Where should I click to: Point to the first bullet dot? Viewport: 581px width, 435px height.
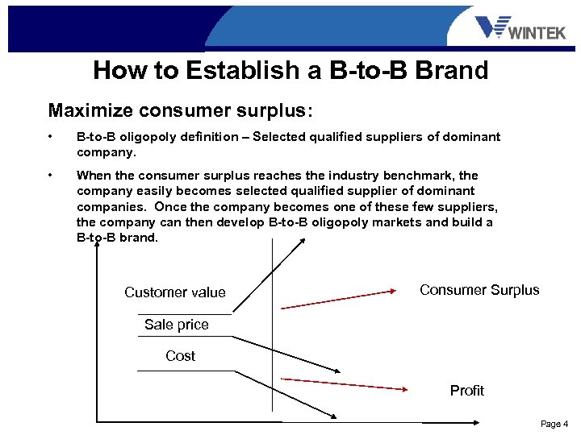(x=51, y=137)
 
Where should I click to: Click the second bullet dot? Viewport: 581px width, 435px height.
(x=51, y=176)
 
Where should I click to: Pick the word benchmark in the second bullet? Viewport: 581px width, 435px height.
(x=418, y=176)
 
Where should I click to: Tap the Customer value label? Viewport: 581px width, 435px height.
(x=175, y=292)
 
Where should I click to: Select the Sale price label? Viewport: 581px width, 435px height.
(x=176, y=325)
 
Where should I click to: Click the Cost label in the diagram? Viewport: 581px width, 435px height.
(x=180, y=356)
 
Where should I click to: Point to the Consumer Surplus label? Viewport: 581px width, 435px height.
(x=479, y=290)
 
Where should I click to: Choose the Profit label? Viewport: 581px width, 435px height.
(x=466, y=391)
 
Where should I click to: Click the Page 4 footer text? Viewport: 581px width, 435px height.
(x=554, y=424)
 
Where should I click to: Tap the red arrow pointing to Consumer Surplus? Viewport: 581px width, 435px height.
(x=339, y=299)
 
